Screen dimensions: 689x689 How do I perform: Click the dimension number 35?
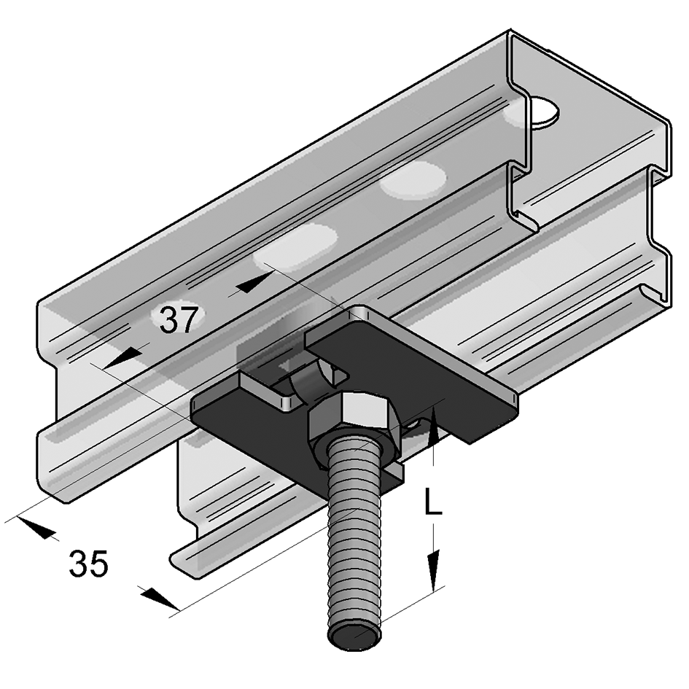(x=88, y=564)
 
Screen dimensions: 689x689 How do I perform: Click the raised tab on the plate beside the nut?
(x=266, y=390)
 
